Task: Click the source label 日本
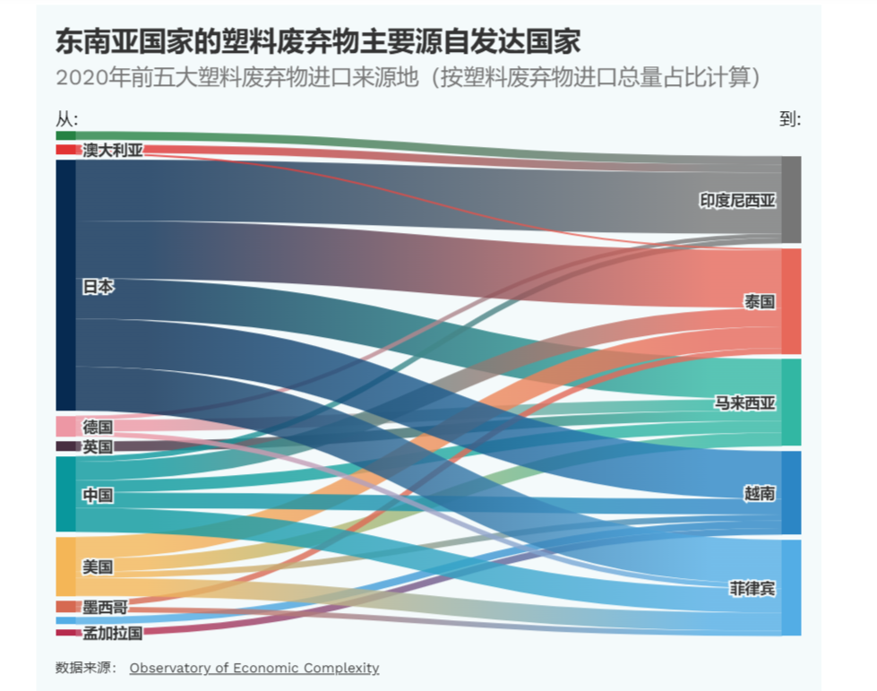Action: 99,287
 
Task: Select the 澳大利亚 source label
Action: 113,150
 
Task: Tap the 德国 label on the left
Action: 99,427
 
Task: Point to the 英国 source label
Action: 99,446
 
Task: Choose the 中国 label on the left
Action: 99,495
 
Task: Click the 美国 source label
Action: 99,566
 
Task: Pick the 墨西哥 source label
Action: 105,608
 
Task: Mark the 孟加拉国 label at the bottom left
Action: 113,633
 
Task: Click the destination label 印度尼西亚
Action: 737,201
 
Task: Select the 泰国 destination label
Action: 759,301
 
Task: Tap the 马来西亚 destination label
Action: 744,402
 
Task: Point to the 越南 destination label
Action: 759,493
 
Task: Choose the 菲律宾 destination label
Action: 752,589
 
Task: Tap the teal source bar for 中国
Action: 65,494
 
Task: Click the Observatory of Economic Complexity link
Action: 254,668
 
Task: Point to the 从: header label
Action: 67,119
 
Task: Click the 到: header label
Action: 790,119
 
